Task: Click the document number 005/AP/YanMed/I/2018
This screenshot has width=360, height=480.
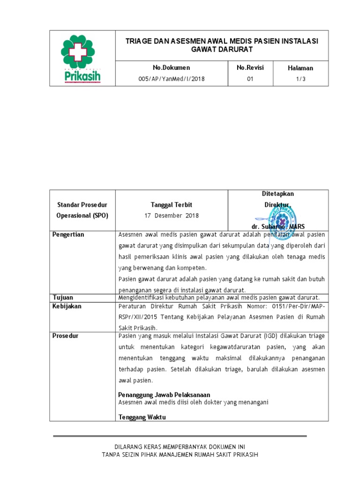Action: click(x=171, y=79)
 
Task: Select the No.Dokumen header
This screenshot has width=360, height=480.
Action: click(x=171, y=68)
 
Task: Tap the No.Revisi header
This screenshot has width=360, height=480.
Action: click(x=250, y=68)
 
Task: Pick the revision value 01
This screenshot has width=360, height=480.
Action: click(x=250, y=79)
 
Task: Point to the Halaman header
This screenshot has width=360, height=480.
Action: click(x=300, y=68)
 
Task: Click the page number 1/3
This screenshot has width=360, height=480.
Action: click(x=300, y=79)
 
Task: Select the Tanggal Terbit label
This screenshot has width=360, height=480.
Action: click(x=171, y=205)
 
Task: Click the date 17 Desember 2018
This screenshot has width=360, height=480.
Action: click(x=171, y=216)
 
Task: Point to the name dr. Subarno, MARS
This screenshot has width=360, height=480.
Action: click(x=280, y=226)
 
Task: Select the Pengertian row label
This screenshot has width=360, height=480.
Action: click(x=68, y=235)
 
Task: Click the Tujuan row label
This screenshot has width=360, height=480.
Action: click(x=62, y=298)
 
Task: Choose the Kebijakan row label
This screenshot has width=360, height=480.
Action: click(x=67, y=306)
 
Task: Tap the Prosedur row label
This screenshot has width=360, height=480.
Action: click(x=66, y=336)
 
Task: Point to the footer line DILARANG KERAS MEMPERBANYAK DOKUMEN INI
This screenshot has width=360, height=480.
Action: click(x=180, y=447)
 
